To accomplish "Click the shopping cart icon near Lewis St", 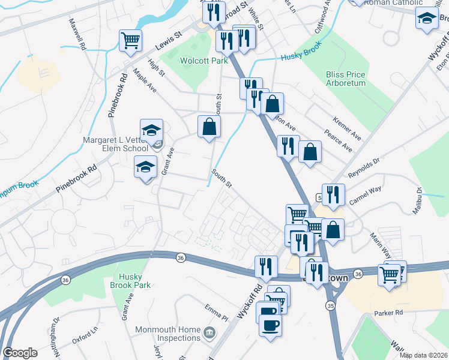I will (130, 41).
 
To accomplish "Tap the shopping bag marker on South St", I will (209, 126).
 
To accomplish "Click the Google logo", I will (20, 353).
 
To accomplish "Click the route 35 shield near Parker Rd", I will (330, 305).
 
